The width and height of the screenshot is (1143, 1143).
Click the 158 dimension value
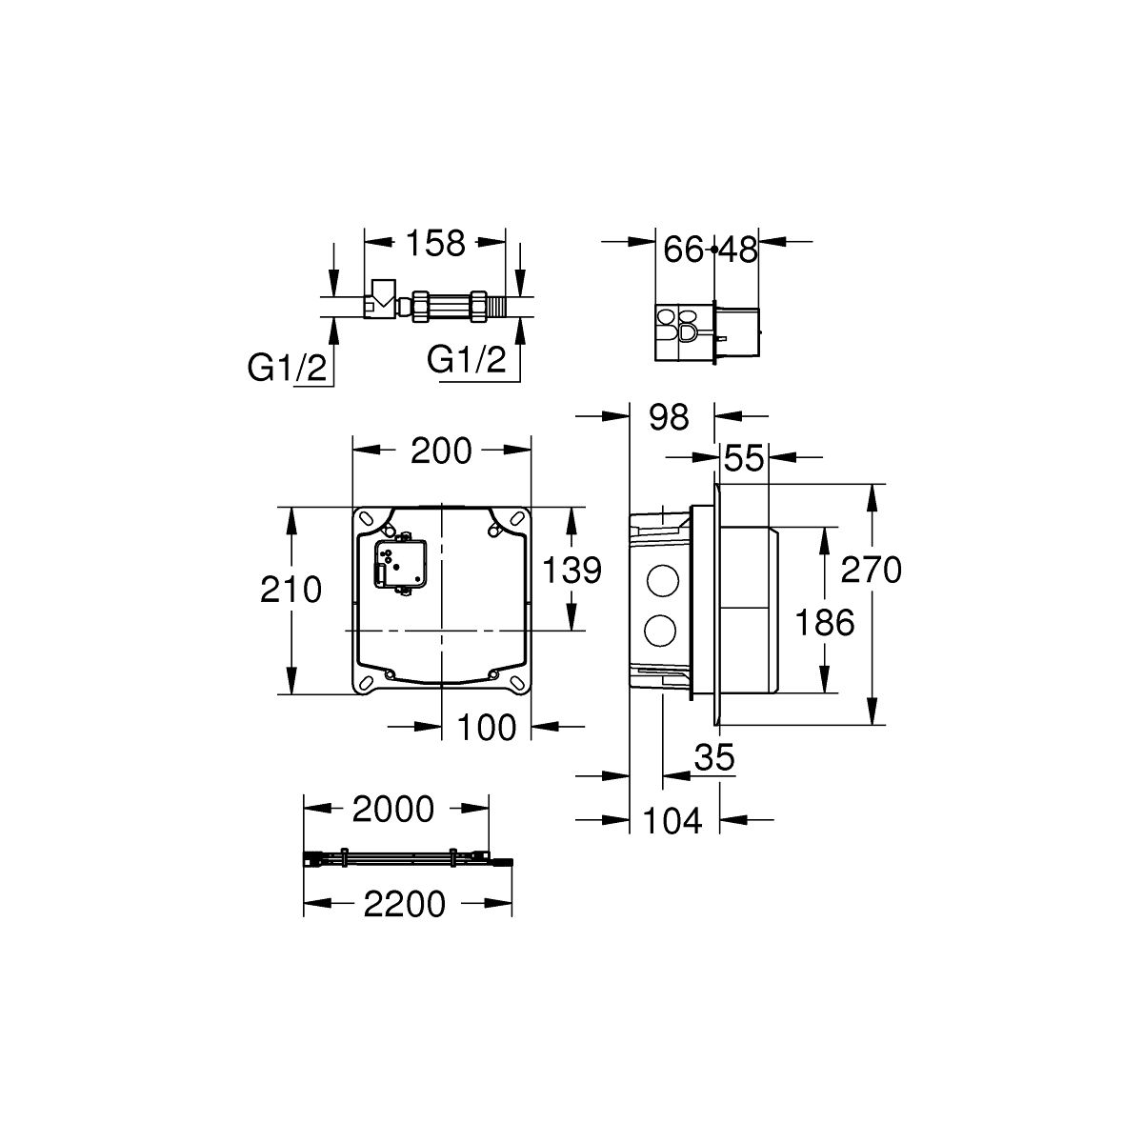pos(435,243)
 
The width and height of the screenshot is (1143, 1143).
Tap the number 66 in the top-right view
pos(683,250)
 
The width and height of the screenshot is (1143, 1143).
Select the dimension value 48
pos(738,250)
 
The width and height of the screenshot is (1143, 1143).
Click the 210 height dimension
pos(291,590)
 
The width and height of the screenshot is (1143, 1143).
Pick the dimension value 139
pos(571,570)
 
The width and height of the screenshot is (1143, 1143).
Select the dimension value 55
pos(744,458)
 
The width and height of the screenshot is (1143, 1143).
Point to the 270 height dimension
pos(872,570)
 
